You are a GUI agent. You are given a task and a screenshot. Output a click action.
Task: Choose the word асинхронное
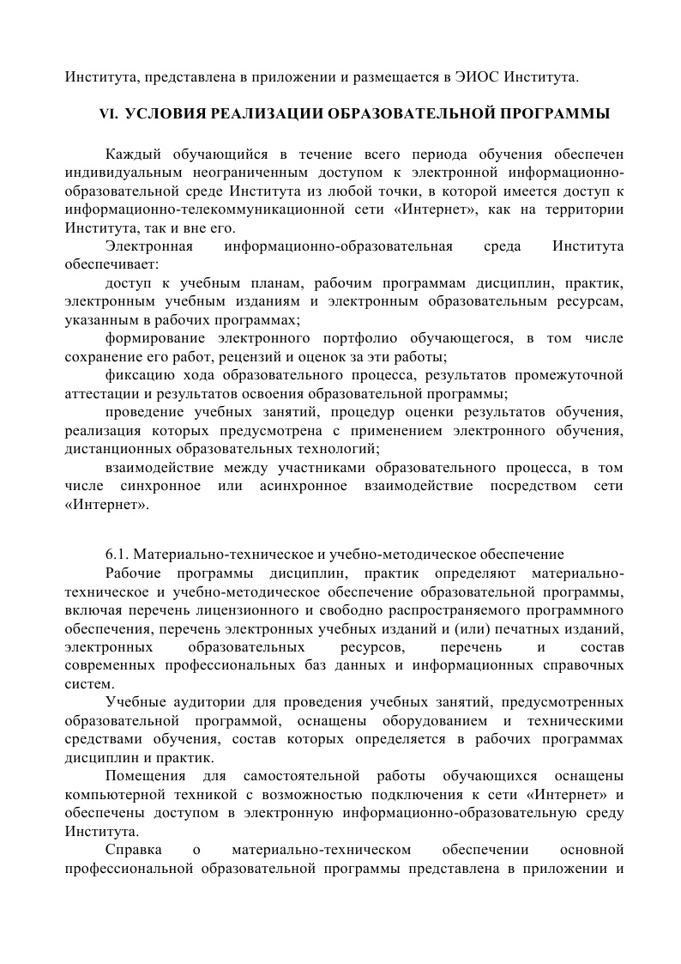pyautogui.click(x=303, y=486)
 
